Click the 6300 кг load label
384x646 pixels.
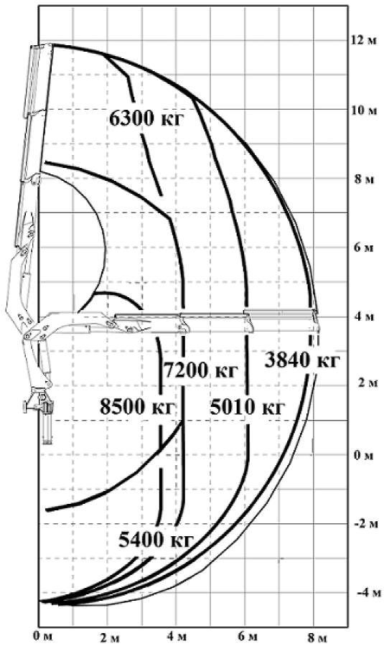(146, 119)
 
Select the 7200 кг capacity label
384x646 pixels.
(202, 370)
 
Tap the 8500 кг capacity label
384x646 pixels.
(138, 407)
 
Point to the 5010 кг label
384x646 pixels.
(247, 407)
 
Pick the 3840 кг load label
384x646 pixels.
(302, 360)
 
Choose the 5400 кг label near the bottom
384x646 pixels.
(156, 539)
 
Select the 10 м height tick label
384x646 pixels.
(362, 111)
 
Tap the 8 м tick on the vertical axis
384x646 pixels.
(363, 180)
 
